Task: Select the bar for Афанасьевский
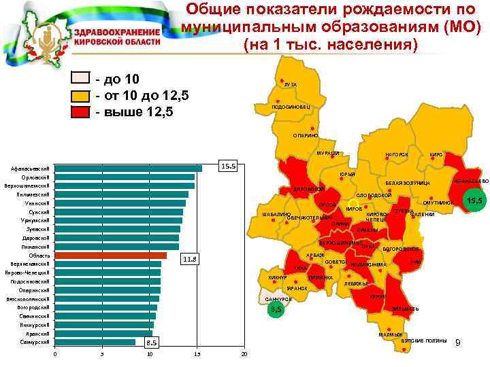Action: [129, 169]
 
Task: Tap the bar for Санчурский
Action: [95, 342]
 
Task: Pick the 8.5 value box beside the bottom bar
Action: [151, 343]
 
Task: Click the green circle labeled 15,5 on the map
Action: [474, 200]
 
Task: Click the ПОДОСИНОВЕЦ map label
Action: [290, 107]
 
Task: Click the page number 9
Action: [458, 342]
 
